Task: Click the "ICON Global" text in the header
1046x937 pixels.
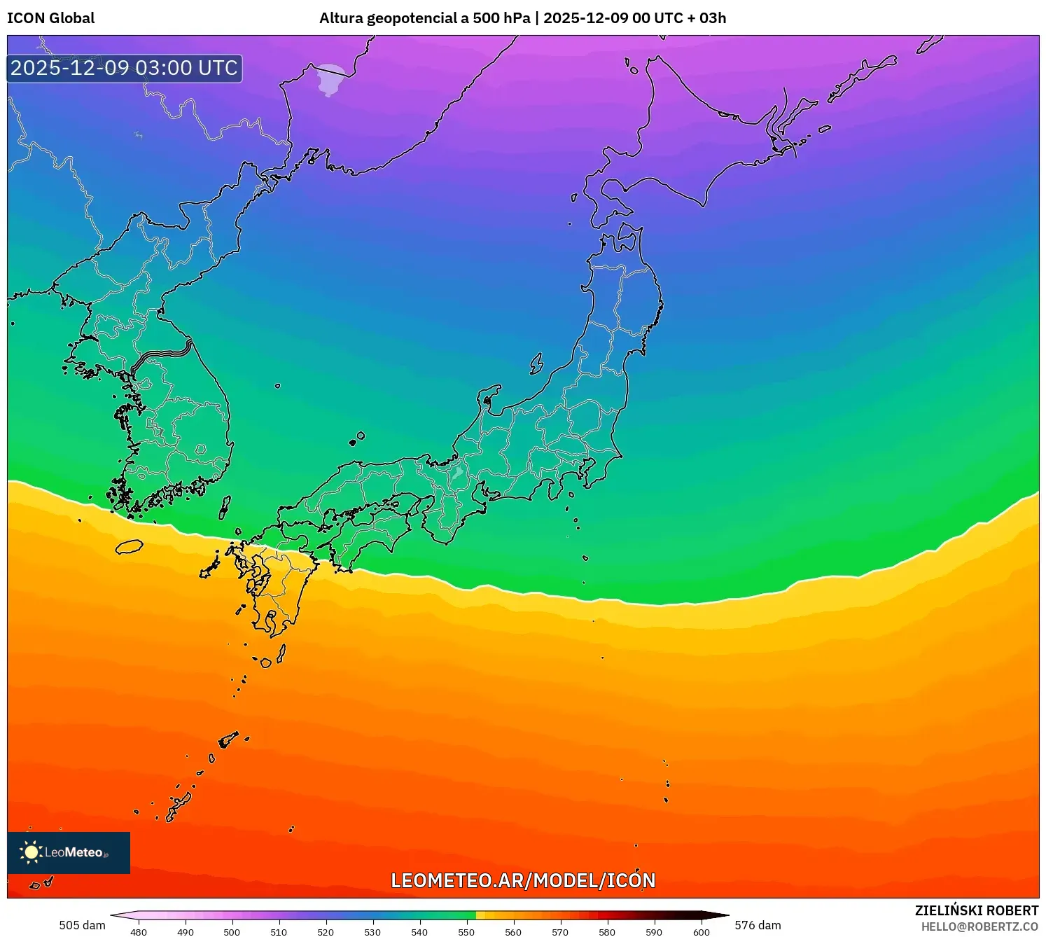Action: (x=50, y=18)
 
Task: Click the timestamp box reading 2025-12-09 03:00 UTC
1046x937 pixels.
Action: (x=125, y=69)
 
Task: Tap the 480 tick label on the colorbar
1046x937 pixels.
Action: (x=139, y=932)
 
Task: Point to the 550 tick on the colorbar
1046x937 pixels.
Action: (x=466, y=932)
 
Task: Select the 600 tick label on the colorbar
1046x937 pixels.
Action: (x=701, y=932)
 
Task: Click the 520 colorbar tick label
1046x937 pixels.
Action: (x=326, y=932)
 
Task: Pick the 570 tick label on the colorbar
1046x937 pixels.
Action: (x=560, y=932)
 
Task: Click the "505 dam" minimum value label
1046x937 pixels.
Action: (x=82, y=925)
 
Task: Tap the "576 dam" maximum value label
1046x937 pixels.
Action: (x=758, y=925)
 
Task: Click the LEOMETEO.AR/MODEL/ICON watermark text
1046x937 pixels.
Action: (x=523, y=880)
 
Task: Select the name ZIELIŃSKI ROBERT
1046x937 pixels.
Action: (x=976, y=910)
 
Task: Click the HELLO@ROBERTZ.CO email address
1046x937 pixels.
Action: (x=979, y=926)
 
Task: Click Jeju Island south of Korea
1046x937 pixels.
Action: (x=129, y=547)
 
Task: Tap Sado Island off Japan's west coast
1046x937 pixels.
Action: (x=536, y=363)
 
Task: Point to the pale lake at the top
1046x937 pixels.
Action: (x=330, y=79)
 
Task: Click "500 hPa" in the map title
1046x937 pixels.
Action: (x=501, y=18)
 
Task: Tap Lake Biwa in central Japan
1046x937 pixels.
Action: (x=457, y=472)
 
